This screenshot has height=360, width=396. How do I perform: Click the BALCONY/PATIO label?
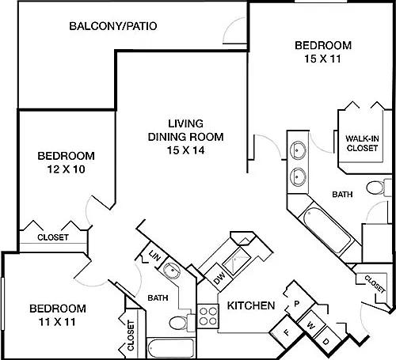point(113,26)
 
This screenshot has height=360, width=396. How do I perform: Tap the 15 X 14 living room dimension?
point(186,150)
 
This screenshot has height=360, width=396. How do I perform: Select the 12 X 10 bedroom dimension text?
point(67,169)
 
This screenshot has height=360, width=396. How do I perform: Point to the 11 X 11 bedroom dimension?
point(57,322)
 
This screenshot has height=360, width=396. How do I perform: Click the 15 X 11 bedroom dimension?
point(322,59)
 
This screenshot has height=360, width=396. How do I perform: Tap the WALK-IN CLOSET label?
point(362,143)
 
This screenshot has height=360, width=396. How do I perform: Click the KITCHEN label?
point(251,305)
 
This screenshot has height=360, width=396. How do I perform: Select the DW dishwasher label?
point(219,278)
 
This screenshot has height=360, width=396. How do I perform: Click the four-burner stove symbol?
point(208,316)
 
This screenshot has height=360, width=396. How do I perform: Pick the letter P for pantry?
point(296,304)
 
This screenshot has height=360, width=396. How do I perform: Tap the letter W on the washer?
point(311,326)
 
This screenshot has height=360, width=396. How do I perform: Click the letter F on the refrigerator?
point(287,332)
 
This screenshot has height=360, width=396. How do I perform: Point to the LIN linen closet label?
point(154,256)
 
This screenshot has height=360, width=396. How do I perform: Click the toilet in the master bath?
point(379,188)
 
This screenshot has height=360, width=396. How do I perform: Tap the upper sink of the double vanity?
point(298,150)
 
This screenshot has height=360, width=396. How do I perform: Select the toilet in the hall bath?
point(181,322)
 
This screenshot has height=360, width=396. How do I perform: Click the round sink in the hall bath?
point(172,271)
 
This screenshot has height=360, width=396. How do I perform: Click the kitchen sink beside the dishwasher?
point(237,262)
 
